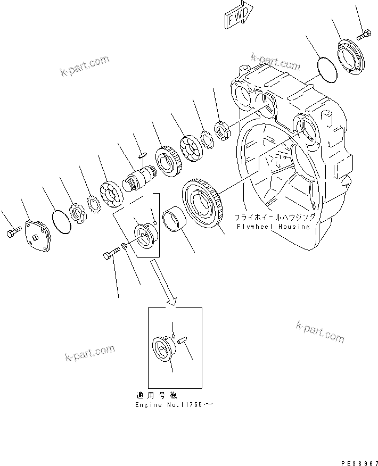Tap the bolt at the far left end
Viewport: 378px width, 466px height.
(x=14, y=233)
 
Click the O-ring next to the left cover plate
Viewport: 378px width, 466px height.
(x=62, y=221)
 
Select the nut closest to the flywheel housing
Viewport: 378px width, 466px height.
(x=221, y=129)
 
